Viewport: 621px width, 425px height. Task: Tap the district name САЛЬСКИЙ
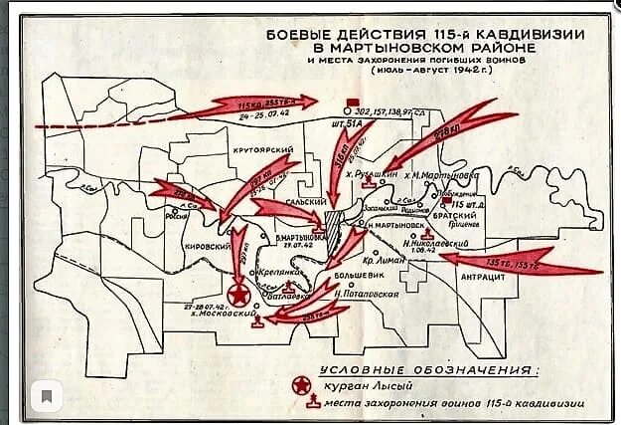(x=289, y=200)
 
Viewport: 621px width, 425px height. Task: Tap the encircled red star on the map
(x=238, y=297)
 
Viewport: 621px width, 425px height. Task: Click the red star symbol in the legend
(x=302, y=383)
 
